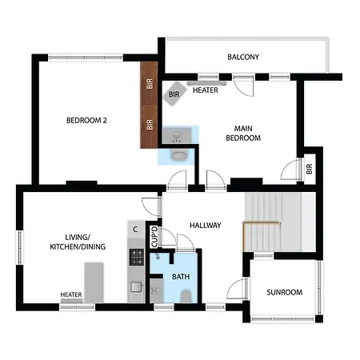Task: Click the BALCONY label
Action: tap(243, 57)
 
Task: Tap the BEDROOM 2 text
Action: tap(86, 121)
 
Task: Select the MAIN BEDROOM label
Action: tap(243, 134)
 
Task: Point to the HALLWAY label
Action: tap(206, 226)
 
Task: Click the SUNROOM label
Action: tap(285, 292)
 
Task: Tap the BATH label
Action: tap(181, 277)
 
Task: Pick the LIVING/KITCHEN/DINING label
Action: tap(78, 242)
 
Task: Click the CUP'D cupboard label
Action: tap(154, 237)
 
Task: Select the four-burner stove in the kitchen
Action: tap(137, 257)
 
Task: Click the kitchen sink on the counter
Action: tap(137, 287)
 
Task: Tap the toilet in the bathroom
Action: tap(186, 296)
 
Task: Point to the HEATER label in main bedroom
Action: tap(206, 90)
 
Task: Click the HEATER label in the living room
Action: tap(71, 294)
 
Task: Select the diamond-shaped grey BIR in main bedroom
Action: tap(174, 94)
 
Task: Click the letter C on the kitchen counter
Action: tap(135, 230)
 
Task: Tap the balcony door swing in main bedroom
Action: tap(243, 86)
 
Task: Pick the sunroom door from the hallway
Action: tap(237, 289)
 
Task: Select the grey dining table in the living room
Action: tap(94, 282)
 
